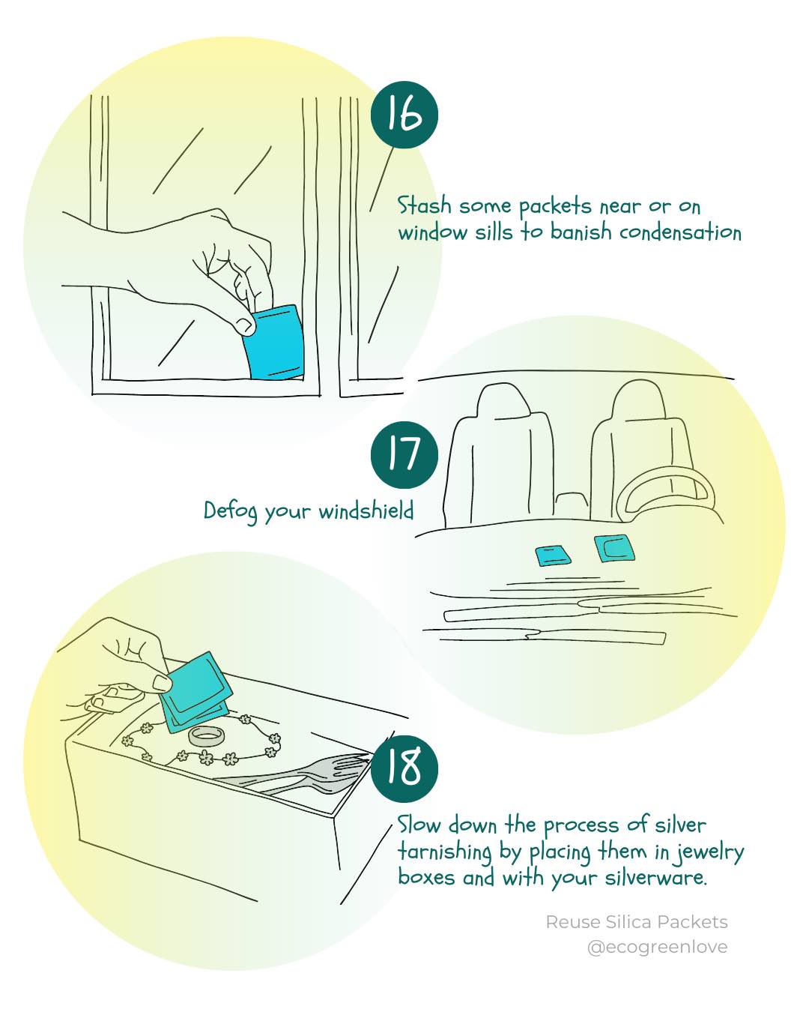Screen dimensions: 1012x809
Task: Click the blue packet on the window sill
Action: (275, 343)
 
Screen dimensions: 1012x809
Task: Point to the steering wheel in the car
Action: (665, 496)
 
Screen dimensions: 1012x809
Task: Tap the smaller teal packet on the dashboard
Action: (554, 555)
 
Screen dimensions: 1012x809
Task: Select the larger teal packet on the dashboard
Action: (615, 546)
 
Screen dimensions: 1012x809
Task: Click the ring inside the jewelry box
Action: (207, 735)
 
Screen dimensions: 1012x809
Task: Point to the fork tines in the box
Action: (348, 766)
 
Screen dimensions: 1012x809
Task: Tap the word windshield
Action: (366, 511)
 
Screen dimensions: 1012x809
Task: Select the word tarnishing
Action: (444, 852)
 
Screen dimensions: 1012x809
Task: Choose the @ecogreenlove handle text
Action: (657, 947)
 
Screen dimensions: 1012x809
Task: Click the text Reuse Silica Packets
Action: (636, 922)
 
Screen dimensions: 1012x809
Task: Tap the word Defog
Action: (231, 511)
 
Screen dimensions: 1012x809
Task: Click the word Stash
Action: (423, 205)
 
